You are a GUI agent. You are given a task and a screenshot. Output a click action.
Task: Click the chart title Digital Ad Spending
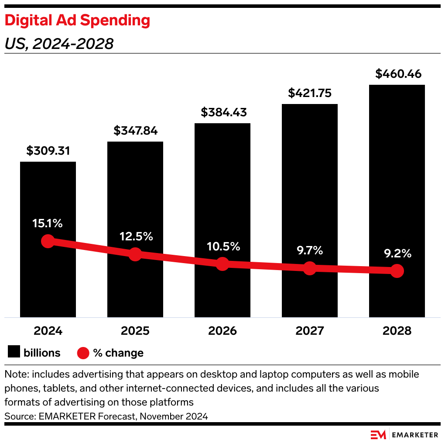point(77,21)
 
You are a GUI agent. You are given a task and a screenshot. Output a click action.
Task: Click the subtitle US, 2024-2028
point(59,44)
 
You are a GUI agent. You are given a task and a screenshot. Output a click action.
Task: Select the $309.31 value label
point(48,151)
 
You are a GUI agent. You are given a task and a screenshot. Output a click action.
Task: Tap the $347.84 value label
point(135,131)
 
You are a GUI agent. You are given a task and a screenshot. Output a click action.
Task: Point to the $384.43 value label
point(222,112)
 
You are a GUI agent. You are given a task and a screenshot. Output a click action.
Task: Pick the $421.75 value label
point(310,93)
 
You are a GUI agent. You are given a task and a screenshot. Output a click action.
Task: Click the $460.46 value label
point(397,74)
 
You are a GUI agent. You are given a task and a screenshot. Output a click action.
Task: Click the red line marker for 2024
point(48,241)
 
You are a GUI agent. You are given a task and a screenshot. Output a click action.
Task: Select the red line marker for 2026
point(222,264)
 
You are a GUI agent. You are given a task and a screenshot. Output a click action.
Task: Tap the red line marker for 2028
point(397,271)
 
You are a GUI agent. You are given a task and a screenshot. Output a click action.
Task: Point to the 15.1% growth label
point(48,223)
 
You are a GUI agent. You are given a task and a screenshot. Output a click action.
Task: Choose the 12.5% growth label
point(135,236)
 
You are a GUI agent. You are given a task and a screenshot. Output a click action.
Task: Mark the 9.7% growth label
point(310,250)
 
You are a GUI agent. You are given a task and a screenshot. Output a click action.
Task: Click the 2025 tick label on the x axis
point(135,331)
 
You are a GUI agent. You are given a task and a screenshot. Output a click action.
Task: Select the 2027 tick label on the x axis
point(310,331)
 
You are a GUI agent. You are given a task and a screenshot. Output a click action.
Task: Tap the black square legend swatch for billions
point(14,352)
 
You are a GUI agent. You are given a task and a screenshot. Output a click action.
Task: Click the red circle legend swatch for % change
point(83,353)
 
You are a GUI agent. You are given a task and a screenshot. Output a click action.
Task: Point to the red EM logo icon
point(378,435)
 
